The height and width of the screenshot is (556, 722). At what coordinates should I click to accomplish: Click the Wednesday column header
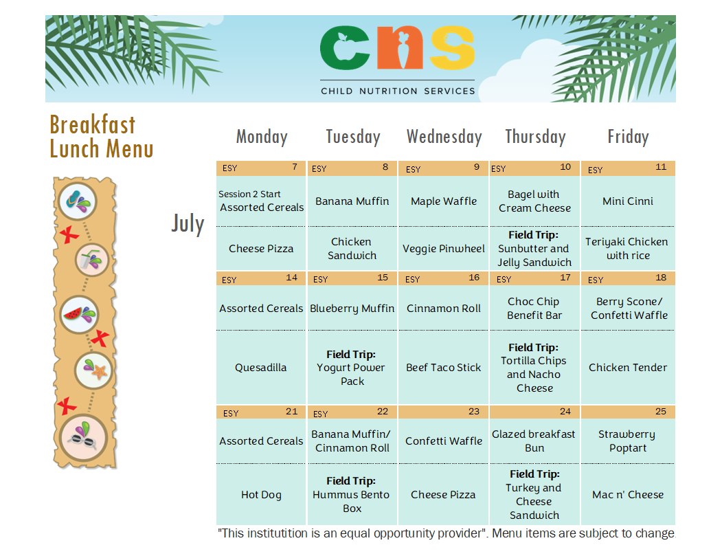point(444,137)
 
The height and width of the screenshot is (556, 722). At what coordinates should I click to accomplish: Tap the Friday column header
point(628,137)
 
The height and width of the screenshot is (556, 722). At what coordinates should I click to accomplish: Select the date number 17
point(565,277)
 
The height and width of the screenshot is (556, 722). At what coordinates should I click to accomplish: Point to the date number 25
point(661,412)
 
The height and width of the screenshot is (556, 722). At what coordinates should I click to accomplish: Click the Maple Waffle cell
point(444,201)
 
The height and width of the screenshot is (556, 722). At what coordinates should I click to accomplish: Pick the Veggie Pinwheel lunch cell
point(444,249)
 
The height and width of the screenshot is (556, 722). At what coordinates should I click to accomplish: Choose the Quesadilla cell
point(260,368)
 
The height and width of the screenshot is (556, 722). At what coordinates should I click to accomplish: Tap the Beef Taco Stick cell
point(443,368)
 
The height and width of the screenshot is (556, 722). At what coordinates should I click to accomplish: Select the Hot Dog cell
point(261,495)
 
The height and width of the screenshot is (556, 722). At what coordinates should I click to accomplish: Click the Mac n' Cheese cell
point(628,495)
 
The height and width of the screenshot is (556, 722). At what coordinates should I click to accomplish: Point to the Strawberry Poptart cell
point(628,441)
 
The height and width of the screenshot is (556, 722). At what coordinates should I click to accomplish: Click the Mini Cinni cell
point(628,201)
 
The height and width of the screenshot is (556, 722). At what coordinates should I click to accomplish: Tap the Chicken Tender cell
point(628,368)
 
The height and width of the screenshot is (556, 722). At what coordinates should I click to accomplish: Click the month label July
point(188,224)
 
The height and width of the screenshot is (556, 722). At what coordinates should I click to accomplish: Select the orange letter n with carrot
point(400,48)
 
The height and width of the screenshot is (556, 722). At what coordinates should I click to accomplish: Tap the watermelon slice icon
point(73,314)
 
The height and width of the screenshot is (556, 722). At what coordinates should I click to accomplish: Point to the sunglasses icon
point(82,440)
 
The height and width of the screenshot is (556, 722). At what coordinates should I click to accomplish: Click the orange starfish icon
point(100,371)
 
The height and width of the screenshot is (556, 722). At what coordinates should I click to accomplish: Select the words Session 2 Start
point(249,194)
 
